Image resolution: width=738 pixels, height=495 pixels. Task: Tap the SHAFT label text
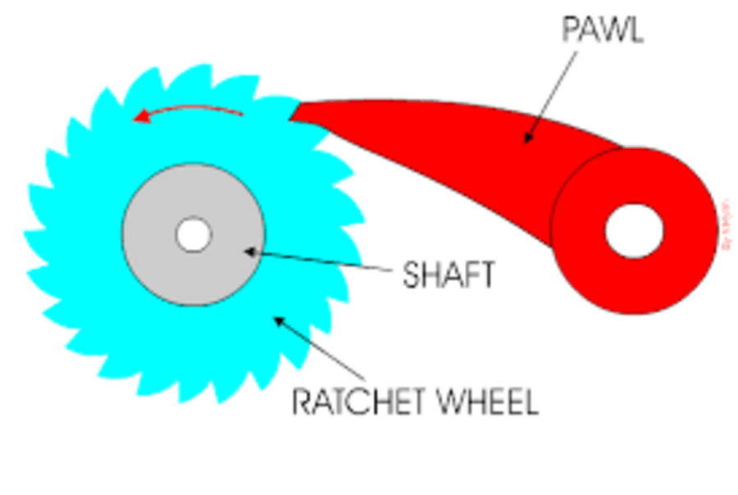449,275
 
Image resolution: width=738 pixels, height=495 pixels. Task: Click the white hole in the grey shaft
194,235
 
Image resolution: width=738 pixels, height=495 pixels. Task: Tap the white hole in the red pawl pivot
634,230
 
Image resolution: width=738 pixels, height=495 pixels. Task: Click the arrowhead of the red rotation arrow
141,119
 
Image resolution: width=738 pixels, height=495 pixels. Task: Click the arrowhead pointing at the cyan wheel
280,321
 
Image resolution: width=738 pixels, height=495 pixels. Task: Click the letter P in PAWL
571,30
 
